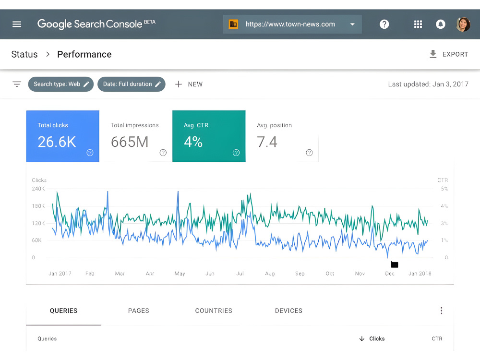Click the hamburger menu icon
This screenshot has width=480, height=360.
pos(17,24)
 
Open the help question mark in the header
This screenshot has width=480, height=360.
pos(384,24)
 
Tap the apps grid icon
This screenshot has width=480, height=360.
pos(418,24)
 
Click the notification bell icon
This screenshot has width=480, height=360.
pos(441,24)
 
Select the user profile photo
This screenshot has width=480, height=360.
pos(463,24)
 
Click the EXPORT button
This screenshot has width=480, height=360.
pos(449,54)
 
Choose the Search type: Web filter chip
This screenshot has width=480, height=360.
pos(61,84)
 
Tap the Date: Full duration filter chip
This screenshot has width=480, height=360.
pos(132,84)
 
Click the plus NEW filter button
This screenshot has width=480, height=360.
pos(189,84)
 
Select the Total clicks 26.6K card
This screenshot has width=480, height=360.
pos(63,136)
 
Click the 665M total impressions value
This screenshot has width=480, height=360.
pos(130,142)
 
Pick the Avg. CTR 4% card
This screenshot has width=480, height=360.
pos(209,136)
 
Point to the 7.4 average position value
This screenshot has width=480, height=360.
pos(267,142)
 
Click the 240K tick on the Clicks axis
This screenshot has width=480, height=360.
pos(38,189)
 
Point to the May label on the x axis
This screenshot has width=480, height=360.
pos(180,274)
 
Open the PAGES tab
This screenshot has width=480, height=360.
pos(139,311)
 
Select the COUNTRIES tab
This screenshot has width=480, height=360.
pos(214,311)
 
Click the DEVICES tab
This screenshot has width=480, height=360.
pos(288,311)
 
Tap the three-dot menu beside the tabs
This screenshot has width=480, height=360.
pos(442,311)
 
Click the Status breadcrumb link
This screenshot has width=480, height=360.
pos(24,54)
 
